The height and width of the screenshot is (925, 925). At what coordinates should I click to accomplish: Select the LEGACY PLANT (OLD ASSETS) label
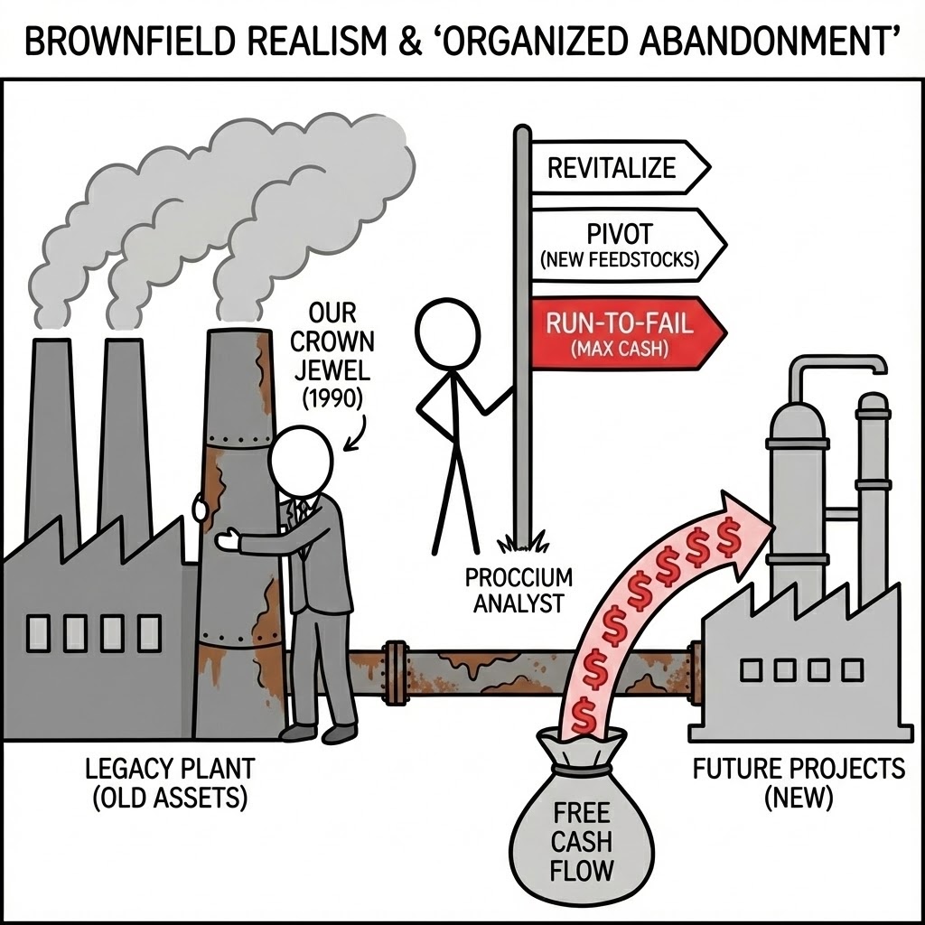click(x=170, y=783)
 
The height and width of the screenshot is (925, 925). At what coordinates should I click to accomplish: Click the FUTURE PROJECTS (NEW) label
click(x=799, y=782)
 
